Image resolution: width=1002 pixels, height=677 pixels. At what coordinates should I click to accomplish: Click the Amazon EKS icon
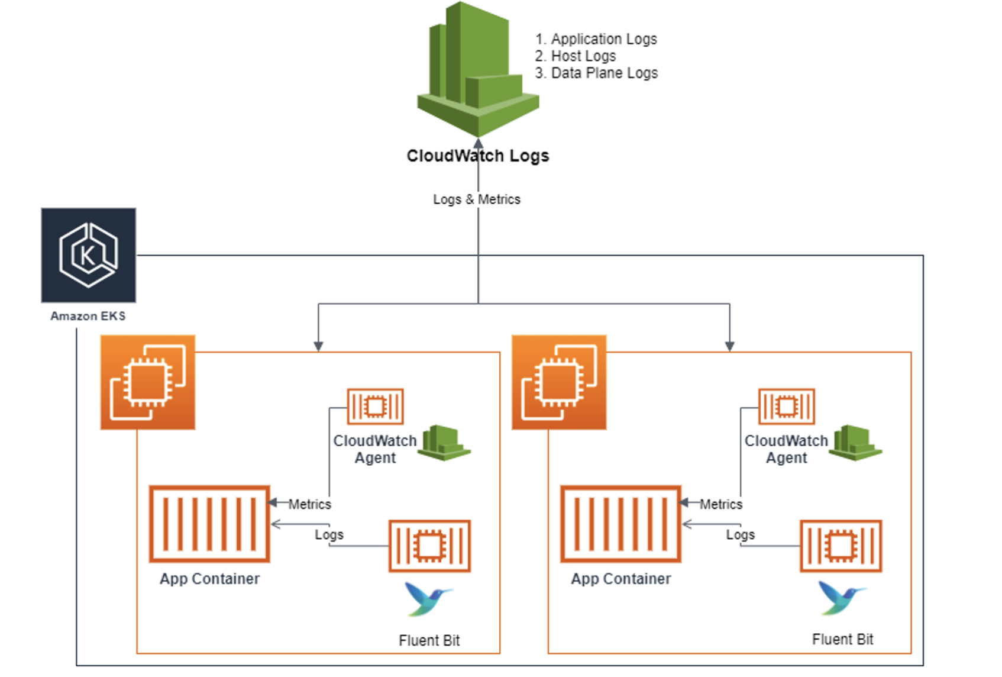click(x=89, y=255)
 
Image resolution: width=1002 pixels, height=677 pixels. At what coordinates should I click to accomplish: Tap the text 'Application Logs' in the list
click(x=603, y=39)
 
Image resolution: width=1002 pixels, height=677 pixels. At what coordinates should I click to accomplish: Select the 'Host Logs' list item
click(x=583, y=56)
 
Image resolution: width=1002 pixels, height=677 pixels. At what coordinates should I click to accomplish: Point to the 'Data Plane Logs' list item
click(x=604, y=73)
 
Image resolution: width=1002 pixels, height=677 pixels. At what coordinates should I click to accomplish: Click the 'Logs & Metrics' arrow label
click(x=477, y=199)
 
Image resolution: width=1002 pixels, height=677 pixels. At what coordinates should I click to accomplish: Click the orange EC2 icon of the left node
click(x=148, y=382)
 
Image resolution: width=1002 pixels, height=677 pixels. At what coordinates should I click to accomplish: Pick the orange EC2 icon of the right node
click(x=559, y=382)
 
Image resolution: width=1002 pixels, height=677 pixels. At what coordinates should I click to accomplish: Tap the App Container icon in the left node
click(x=210, y=524)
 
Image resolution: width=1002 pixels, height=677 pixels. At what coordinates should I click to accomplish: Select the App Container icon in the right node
click(x=621, y=524)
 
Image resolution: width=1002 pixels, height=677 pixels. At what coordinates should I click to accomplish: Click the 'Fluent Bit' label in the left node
click(x=429, y=640)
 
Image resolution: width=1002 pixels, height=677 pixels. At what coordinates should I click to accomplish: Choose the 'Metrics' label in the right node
click(x=721, y=504)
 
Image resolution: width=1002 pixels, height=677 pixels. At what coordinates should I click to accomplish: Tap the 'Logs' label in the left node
click(x=329, y=534)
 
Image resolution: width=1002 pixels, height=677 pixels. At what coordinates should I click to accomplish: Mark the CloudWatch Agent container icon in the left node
click(x=375, y=407)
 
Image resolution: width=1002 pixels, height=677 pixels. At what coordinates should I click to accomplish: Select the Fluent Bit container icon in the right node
click(x=841, y=546)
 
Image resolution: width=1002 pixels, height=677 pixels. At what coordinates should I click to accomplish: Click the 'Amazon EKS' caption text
click(x=88, y=316)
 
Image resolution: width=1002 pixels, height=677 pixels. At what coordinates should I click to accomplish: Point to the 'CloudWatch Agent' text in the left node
click(x=375, y=449)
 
